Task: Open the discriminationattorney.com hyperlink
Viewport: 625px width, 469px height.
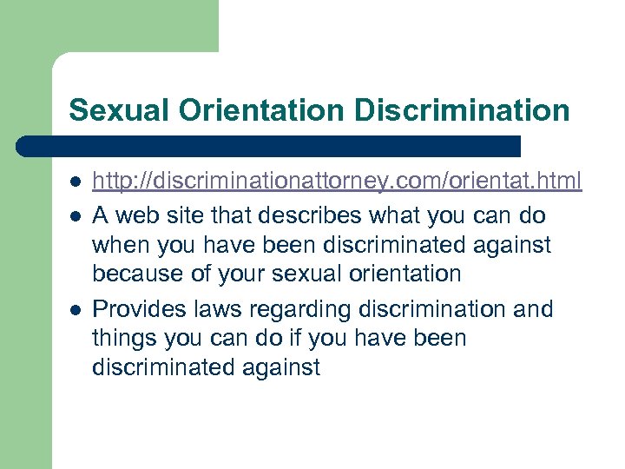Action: (x=337, y=181)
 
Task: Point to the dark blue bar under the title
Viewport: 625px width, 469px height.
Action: (x=269, y=146)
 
